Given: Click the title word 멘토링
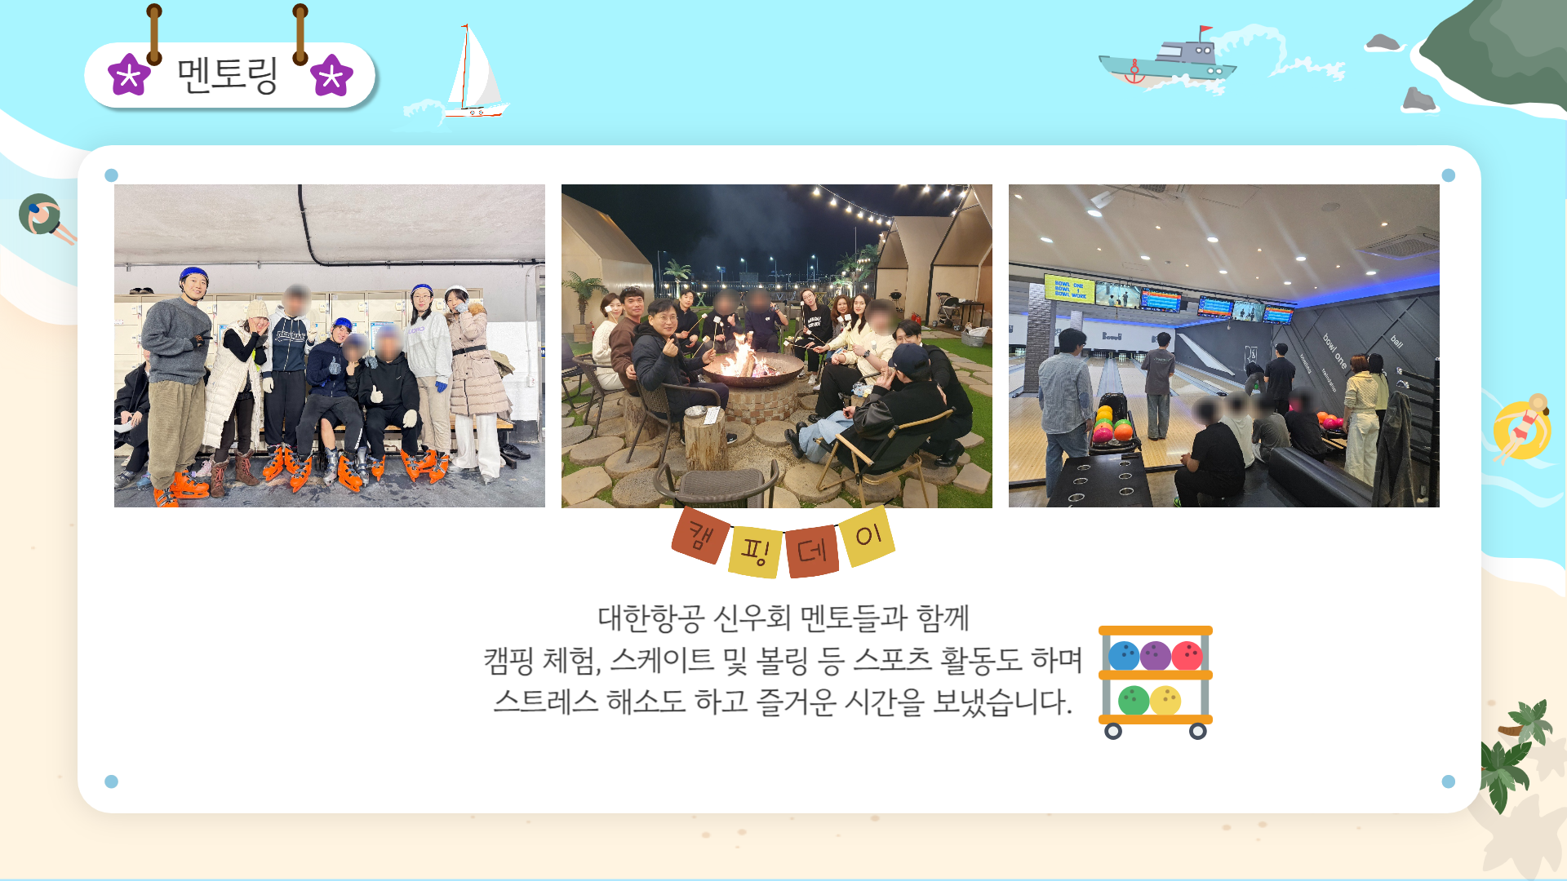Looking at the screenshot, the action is coord(228,75).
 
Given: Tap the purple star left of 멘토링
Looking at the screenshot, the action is coord(129,75).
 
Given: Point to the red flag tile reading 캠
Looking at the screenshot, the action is coord(700,535).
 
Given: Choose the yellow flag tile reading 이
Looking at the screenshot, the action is coord(867,536).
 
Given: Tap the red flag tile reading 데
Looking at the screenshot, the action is coord(812,551).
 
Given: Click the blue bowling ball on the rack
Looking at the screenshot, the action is coord(1124,655).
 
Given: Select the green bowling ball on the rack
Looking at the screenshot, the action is coord(1134,700).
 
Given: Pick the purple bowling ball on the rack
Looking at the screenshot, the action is coord(1156,655).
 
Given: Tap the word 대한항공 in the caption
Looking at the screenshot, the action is coord(650,618).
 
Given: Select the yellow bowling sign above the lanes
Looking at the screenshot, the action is coord(1069,290).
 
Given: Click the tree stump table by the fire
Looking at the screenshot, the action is coord(705,438).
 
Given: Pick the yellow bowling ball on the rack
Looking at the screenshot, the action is coord(1165,700).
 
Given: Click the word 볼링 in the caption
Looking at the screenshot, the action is coord(783,659).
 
